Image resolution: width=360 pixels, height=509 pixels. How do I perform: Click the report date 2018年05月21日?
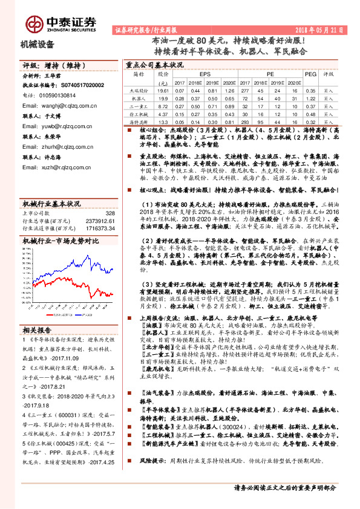(x=324, y=29)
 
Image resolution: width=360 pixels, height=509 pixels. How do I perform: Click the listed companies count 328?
(x=110, y=213)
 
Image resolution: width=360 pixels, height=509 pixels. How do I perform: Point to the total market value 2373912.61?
(x=100, y=221)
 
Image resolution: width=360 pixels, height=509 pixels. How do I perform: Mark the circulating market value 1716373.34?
(x=100, y=228)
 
